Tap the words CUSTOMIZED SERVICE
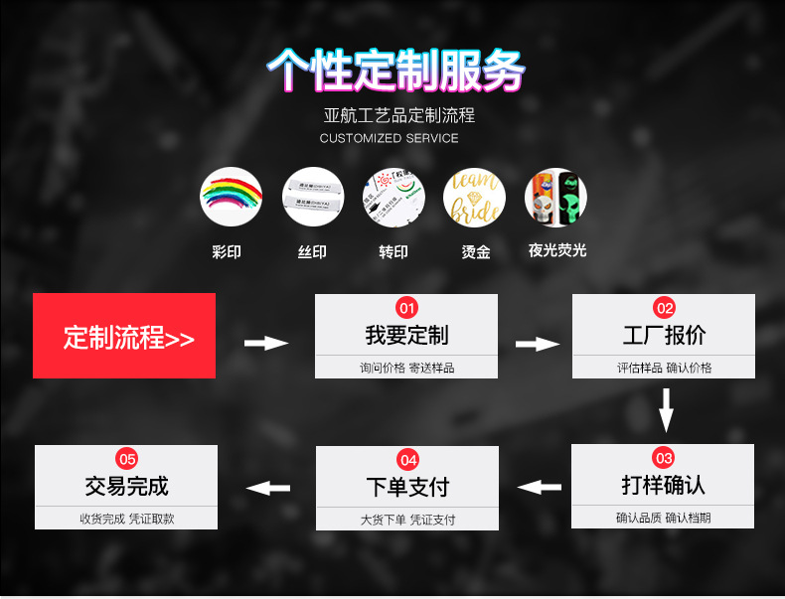(x=390, y=138)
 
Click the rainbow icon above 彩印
(x=231, y=198)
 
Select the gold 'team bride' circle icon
(x=474, y=198)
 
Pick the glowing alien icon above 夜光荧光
(x=555, y=198)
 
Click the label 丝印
(x=312, y=252)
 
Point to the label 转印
(x=393, y=252)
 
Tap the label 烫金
(x=476, y=252)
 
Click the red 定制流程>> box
(x=124, y=336)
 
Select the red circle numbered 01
(x=406, y=307)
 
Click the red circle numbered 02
(x=664, y=307)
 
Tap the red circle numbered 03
(x=664, y=458)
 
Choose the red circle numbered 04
(x=407, y=459)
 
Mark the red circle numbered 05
(x=126, y=458)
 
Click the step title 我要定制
(x=406, y=335)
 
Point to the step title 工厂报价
(x=664, y=335)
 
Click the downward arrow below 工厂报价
(x=666, y=409)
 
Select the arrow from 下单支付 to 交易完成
(x=267, y=488)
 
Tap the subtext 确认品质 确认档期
(x=663, y=518)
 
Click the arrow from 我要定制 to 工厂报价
(x=538, y=344)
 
